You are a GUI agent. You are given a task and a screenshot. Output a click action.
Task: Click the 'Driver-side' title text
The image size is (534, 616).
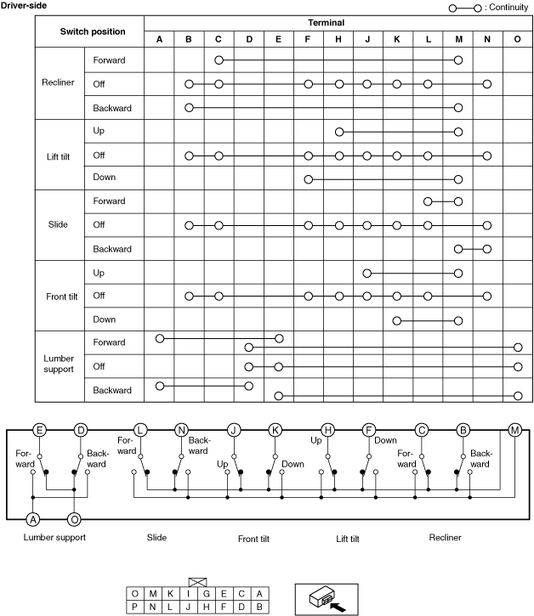24,6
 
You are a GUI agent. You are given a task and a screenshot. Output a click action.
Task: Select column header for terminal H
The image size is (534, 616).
339,38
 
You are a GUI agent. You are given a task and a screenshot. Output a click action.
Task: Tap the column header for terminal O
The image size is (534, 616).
518,38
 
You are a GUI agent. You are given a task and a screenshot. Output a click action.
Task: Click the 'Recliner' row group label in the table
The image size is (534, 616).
59,83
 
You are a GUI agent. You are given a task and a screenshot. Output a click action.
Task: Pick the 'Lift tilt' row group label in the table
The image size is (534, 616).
59,155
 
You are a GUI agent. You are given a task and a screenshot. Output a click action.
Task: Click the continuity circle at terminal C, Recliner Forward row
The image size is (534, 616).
219,60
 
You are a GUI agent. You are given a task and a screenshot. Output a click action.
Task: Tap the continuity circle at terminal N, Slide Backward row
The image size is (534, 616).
487,249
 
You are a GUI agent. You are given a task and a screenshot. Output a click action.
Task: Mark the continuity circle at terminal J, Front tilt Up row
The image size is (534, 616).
367,273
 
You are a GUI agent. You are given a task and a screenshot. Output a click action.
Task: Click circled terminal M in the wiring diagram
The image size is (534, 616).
514,430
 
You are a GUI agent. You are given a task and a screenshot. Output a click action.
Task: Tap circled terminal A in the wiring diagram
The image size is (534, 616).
33,518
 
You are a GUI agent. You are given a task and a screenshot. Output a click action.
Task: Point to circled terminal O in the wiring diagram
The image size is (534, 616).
74,518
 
